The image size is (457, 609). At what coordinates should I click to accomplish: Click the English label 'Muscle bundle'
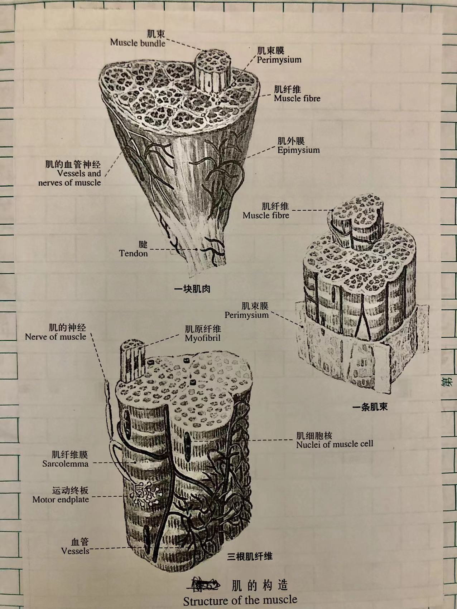pyautogui.click(x=138, y=43)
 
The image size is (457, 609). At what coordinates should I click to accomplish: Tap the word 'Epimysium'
pyautogui.click(x=298, y=150)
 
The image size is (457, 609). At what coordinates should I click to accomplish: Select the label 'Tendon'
pyautogui.click(x=133, y=253)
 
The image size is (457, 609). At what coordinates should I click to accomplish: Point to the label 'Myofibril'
pyautogui.click(x=202, y=338)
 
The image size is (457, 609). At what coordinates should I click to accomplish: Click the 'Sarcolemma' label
pyautogui.click(x=65, y=464)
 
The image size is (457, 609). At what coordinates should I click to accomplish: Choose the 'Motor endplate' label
pyautogui.click(x=61, y=500)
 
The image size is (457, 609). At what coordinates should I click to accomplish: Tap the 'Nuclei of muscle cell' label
pyautogui.click(x=335, y=444)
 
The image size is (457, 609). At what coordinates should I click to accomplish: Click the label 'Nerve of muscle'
pyautogui.click(x=56, y=337)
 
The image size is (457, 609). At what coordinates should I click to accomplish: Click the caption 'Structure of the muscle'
pyautogui.click(x=240, y=600)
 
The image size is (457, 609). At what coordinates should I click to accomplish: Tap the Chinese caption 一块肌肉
pyautogui.click(x=192, y=289)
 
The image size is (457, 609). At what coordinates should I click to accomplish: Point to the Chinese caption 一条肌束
pyautogui.click(x=370, y=407)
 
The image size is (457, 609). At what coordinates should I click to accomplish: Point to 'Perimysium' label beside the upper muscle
pyautogui.click(x=279, y=59)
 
